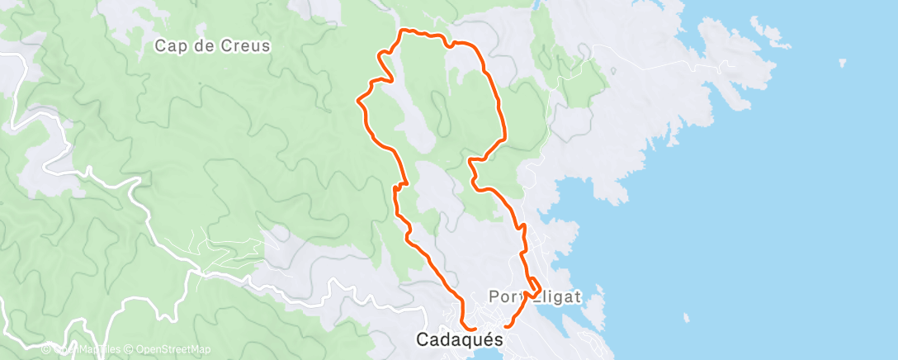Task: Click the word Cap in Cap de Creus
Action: [x=168, y=46]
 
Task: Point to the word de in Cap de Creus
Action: [x=203, y=46]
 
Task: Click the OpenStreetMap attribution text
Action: [x=173, y=350]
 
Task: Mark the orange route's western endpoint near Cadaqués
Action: [x=476, y=329]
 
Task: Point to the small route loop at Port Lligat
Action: [x=534, y=287]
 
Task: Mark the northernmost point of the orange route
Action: [x=404, y=31]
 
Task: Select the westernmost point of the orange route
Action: [x=357, y=101]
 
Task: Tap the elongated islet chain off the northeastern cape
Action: [x=768, y=34]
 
